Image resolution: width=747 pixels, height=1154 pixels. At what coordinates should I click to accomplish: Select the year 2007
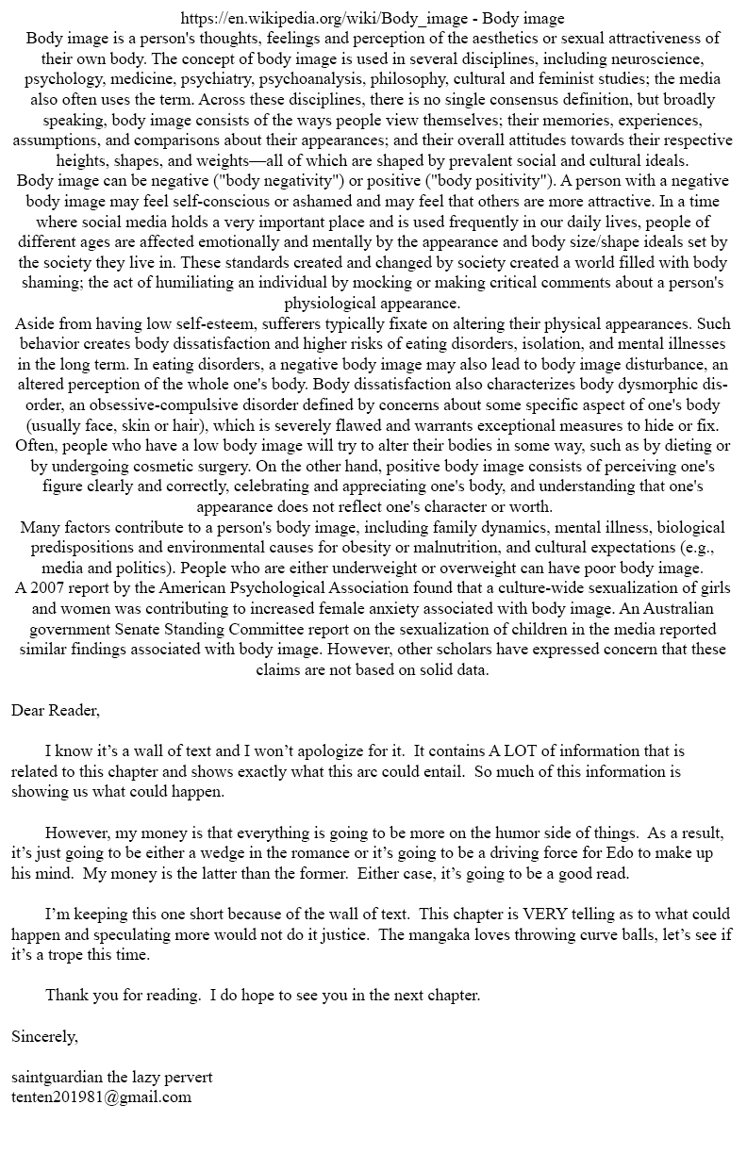49,588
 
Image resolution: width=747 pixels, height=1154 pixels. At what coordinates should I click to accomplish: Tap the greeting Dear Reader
56,710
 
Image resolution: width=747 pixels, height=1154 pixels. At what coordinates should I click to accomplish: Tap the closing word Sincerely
44,1036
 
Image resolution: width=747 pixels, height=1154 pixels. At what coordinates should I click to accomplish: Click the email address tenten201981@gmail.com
102,1096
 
